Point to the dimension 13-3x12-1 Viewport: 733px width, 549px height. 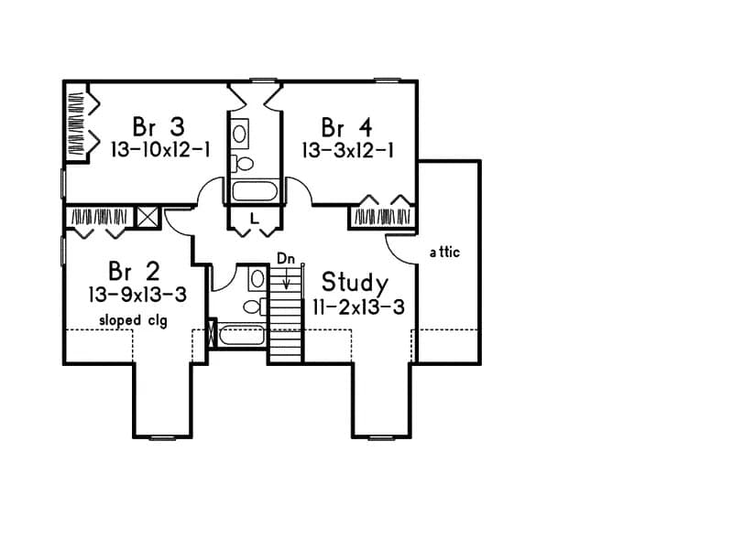point(349,149)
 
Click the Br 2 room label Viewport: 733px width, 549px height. point(134,271)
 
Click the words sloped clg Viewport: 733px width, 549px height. point(134,320)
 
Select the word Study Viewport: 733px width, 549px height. point(354,282)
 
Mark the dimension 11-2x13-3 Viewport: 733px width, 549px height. point(357,307)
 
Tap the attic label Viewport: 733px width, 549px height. point(444,252)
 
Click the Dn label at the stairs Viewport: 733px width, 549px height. point(286,259)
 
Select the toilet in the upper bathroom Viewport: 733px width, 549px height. point(243,164)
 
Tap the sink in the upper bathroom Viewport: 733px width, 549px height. point(240,134)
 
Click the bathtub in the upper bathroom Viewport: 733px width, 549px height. point(256,191)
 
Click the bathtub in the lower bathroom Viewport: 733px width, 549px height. point(242,335)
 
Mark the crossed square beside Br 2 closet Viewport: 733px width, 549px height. point(148,217)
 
